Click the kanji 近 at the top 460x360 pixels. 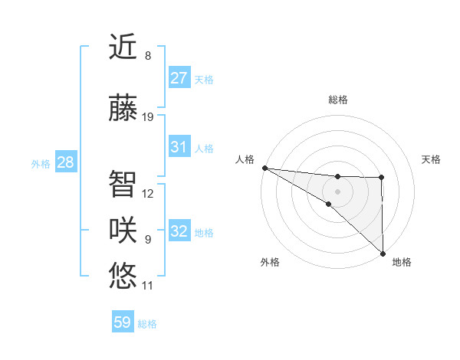tap(123, 47)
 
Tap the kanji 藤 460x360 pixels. tap(123, 109)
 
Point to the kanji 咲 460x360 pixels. tap(123, 231)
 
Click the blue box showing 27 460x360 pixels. tap(179, 78)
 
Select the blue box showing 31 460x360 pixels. tap(179, 147)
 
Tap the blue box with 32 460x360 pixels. tap(179, 231)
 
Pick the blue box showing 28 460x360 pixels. tap(65, 162)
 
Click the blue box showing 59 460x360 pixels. tap(123, 323)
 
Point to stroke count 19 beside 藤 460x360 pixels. tap(148, 117)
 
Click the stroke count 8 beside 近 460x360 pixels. tap(147, 56)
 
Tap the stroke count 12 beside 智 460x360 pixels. tap(148, 194)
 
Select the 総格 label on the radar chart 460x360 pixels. tap(337, 100)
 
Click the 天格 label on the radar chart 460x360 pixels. tap(432, 159)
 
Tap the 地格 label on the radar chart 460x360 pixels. tap(402, 262)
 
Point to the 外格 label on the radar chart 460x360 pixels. tap(270, 262)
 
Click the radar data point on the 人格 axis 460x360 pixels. tap(264, 168)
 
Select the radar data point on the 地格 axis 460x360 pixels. tap(383, 253)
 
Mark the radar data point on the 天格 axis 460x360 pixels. tap(382, 178)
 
